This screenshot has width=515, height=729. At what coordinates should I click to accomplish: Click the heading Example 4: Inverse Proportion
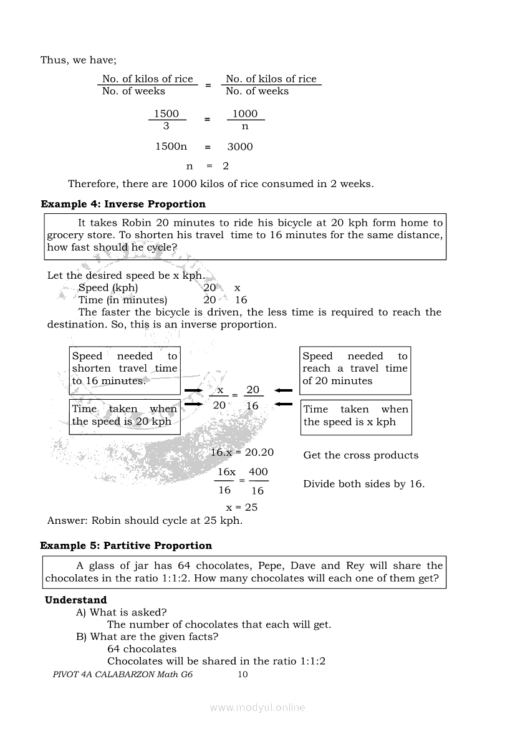(123, 204)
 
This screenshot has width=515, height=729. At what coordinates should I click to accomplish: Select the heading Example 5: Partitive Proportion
(126, 546)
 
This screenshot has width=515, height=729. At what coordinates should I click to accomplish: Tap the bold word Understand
(75, 600)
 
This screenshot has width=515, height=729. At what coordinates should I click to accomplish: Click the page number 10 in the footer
(243, 674)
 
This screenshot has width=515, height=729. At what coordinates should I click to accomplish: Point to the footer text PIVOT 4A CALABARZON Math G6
(123, 674)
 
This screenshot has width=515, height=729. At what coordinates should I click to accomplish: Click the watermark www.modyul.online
(257, 707)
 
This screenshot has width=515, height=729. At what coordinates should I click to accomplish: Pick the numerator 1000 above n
(244, 113)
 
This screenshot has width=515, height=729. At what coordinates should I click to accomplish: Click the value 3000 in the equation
(240, 147)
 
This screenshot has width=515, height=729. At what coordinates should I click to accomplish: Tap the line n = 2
(208, 166)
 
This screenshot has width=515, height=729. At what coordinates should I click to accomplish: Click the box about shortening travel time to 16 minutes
(125, 369)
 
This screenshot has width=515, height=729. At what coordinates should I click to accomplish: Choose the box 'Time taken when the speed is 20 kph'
(125, 415)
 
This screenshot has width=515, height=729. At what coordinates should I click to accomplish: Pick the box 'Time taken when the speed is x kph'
(355, 416)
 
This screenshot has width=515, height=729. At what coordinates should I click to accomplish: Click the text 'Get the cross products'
(360, 455)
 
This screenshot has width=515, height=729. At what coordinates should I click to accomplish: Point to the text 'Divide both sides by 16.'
(363, 484)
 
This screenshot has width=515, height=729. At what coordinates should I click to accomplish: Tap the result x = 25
(241, 507)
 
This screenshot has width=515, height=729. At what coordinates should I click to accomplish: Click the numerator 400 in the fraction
(258, 472)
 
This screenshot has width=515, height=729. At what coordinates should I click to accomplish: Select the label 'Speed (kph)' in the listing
(108, 287)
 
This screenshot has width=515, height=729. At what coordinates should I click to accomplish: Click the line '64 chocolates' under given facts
(142, 649)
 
